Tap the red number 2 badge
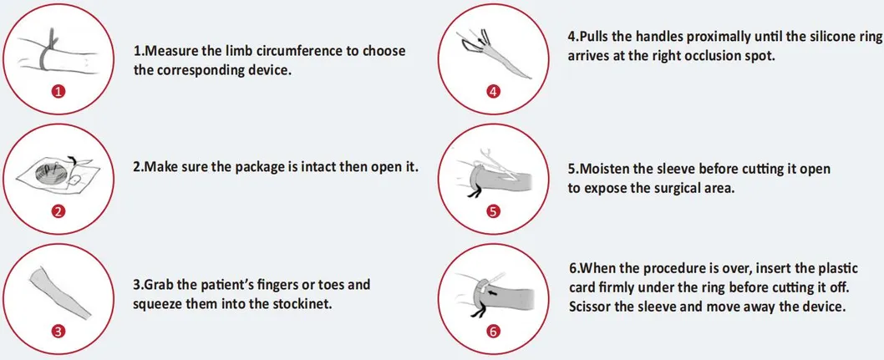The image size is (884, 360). tap(59, 212)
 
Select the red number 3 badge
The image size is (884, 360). tap(59, 332)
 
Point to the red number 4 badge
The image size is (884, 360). tap(494, 93)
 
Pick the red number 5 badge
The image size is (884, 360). tap(494, 212)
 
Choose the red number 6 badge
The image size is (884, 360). tap(494, 332)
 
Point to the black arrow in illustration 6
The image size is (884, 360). tap(495, 292)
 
